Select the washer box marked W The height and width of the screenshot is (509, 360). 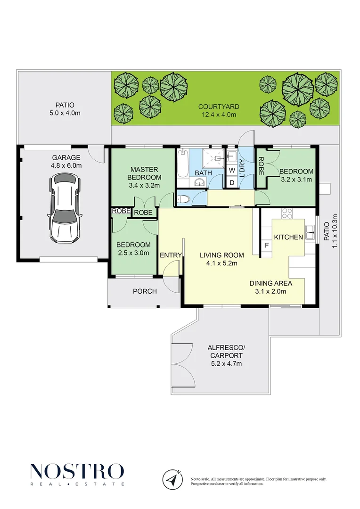click(232, 170)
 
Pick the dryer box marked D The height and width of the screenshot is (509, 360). click(232, 182)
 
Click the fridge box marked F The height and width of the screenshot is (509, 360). click(267, 246)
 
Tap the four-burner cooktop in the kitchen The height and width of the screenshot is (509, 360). click(287, 213)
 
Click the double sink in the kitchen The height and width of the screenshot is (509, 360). click(311, 231)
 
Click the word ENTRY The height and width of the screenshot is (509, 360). click(171, 255)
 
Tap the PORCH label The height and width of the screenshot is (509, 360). click(145, 291)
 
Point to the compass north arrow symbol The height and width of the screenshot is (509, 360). click(172, 479)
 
